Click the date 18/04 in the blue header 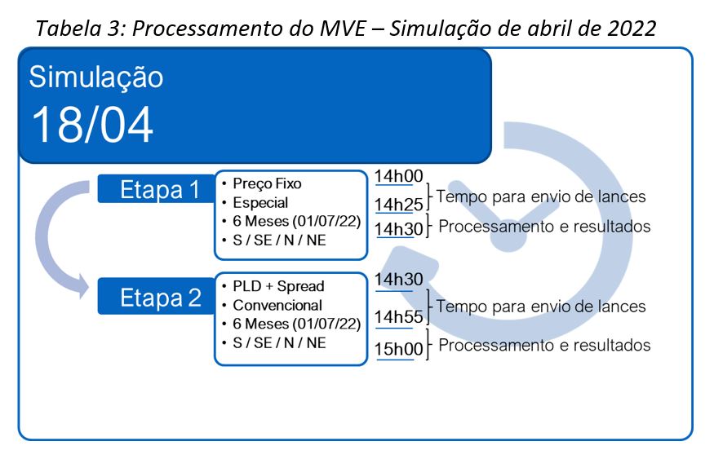point(92,125)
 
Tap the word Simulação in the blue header point(96,77)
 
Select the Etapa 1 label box point(156,189)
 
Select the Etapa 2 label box point(156,297)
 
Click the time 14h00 point(399,176)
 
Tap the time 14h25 point(399,205)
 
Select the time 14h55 point(399,316)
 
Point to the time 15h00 point(399,350)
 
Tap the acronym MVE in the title point(343,29)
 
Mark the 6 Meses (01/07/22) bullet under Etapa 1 point(296,221)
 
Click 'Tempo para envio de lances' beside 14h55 point(541,307)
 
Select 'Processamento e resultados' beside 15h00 point(544,346)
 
